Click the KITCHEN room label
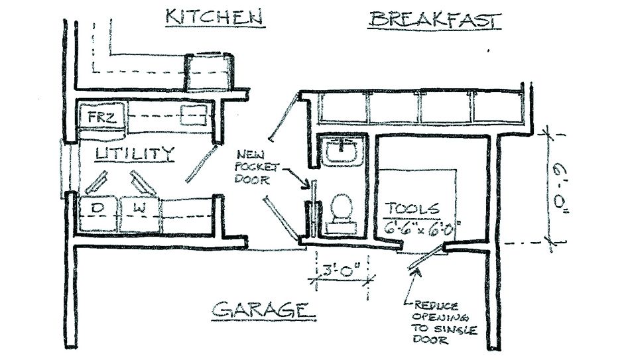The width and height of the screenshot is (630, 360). [x=215, y=17]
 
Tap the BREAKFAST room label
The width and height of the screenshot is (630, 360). [x=435, y=19]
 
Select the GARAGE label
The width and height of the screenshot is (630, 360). [x=263, y=310]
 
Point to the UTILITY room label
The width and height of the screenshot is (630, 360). [x=135, y=154]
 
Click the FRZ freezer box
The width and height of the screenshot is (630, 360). [x=102, y=117]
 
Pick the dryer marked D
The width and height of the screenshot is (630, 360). [x=97, y=213]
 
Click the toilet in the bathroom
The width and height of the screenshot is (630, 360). [x=341, y=213]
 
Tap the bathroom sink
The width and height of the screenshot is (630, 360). [x=342, y=150]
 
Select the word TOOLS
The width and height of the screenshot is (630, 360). [x=412, y=210]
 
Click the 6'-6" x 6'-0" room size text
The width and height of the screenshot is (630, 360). [x=422, y=227]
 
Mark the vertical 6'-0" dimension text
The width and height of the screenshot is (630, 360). [x=560, y=186]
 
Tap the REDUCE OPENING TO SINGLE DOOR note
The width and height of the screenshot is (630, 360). [x=443, y=322]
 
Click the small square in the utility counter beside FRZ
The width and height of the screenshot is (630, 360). [x=194, y=115]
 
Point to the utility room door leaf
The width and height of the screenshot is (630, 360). [x=202, y=163]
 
